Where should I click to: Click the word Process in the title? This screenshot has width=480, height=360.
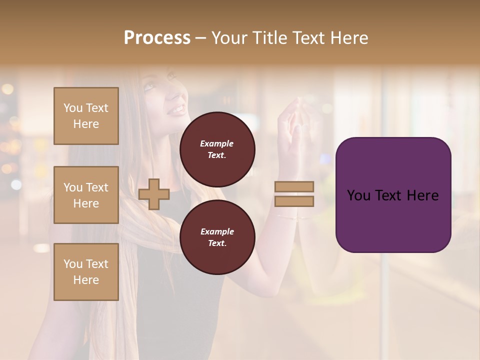[x=157, y=38]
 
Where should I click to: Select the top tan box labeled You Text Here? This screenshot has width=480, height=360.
[x=86, y=116]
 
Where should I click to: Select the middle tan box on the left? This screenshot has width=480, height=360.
[x=86, y=195]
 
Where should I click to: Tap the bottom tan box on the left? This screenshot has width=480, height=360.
[x=86, y=272]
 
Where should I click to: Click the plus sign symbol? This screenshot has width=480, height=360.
[x=154, y=194]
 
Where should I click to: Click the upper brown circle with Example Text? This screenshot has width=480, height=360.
[x=217, y=149]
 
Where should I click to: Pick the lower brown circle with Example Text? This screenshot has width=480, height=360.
[x=217, y=237]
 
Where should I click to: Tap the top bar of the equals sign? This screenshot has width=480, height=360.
[x=294, y=186]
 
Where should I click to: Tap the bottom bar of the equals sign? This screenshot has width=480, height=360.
[x=294, y=201]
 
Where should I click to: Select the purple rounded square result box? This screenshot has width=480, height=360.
[x=393, y=195]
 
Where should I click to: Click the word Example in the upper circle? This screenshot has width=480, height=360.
[x=217, y=143]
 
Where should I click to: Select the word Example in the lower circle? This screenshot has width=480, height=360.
[x=217, y=231]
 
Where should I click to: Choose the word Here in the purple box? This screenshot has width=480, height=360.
[x=422, y=195]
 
